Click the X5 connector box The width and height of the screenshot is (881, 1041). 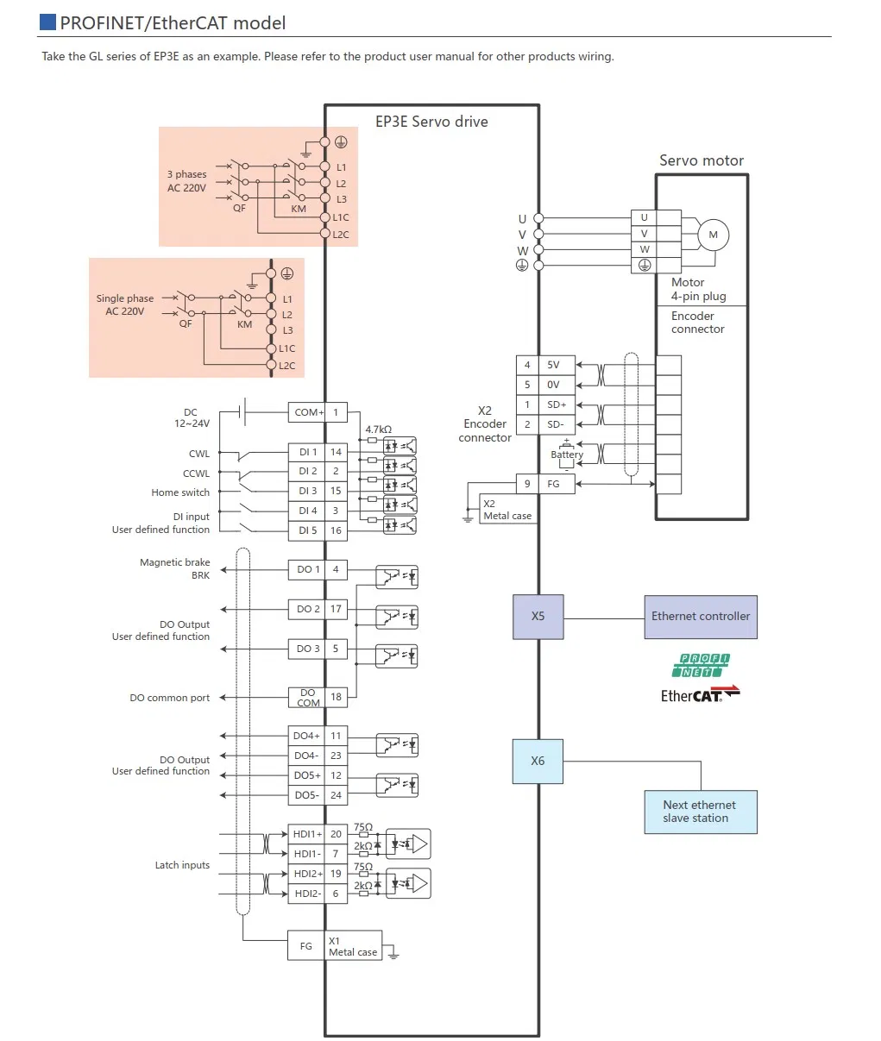click(x=538, y=617)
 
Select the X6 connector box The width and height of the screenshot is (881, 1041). click(x=538, y=761)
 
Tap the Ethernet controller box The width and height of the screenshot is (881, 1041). click(x=700, y=617)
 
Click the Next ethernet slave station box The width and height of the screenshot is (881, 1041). click(x=700, y=812)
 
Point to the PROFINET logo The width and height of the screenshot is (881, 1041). click(x=700, y=665)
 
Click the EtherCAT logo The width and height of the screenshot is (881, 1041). click(x=700, y=694)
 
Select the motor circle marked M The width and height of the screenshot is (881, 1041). click(x=713, y=235)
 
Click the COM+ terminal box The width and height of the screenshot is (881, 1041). click(x=307, y=412)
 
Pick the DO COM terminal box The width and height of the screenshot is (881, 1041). click(x=307, y=698)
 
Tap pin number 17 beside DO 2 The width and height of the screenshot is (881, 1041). click(x=336, y=609)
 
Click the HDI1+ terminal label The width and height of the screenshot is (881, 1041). click(x=306, y=834)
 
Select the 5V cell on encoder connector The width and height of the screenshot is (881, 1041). click(x=553, y=365)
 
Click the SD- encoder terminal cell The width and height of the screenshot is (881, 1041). click(x=556, y=424)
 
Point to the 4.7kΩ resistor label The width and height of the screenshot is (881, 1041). click(x=378, y=430)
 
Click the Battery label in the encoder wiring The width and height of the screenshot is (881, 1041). click(x=567, y=455)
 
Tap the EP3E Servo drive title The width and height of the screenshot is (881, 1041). click(x=431, y=122)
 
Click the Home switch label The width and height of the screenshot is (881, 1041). click(x=180, y=492)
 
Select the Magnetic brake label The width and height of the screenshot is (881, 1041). click(x=174, y=562)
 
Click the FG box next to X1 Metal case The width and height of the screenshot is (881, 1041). click(x=306, y=946)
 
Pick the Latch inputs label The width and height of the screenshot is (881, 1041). click(x=182, y=865)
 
